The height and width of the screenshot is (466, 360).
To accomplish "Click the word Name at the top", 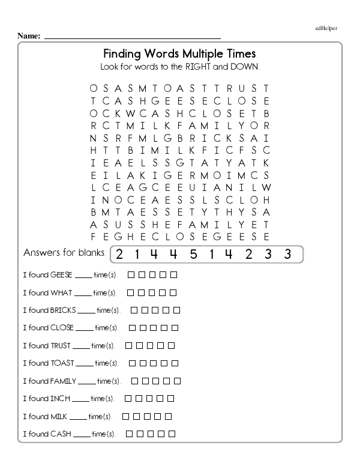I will (x=28, y=36).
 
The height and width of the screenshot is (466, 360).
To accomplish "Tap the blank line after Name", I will (x=132, y=37).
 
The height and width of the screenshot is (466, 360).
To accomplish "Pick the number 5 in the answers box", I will (x=193, y=254).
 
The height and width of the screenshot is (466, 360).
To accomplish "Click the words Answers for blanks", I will (x=65, y=253).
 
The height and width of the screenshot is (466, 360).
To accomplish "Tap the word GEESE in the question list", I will (x=61, y=275).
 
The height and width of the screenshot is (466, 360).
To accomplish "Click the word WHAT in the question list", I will (x=61, y=293).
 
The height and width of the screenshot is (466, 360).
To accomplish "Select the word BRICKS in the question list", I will (x=63, y=310).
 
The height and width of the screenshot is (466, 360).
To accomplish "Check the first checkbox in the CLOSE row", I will (x=133, y=328).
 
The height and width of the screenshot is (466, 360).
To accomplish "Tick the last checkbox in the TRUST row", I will (x=172, y=346).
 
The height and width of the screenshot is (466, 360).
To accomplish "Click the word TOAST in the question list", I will (x=62, y=363).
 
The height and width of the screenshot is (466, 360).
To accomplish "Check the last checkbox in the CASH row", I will (x=173, y=434).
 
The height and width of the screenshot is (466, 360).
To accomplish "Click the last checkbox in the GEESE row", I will (x=174, y=275).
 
